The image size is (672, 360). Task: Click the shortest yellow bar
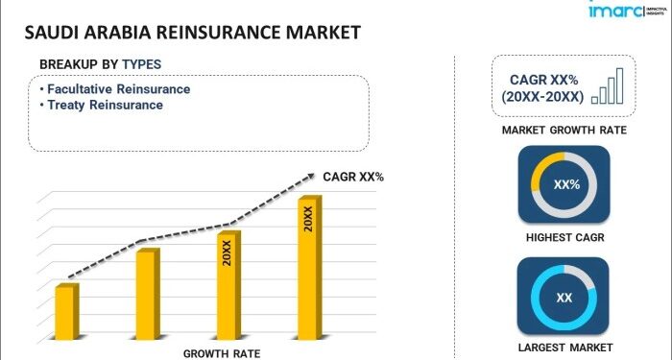point(66,311)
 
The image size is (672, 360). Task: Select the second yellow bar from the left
point(147,294)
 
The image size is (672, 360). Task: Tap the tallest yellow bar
point(309,268)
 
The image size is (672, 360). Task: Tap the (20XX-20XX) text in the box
point(541,97)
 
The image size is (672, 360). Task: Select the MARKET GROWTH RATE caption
point(564,129)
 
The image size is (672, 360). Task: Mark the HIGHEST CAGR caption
point(564,236)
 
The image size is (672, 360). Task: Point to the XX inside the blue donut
point(564,298)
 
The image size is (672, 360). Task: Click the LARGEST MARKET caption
point(564,347)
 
